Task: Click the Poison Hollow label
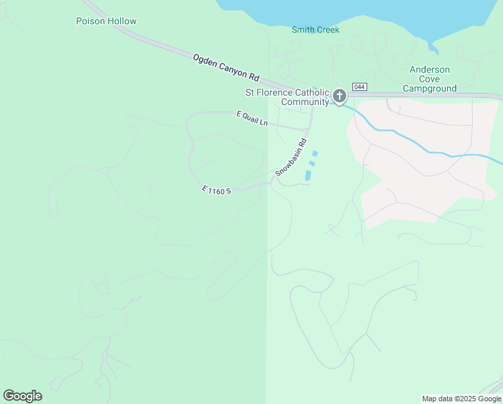tap(106, 21)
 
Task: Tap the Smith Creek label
tap(315, 30)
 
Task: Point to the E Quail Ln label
tap(252, 119)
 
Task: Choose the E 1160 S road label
tap(217, 191)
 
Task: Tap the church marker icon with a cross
tap(340, 96)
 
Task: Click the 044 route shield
tap(360, 86)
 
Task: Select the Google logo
tap(22, 396)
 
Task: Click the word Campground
tap(430, 88)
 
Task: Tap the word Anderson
tap(430, 70)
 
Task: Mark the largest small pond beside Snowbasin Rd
tap(308, 175)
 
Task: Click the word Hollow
tap(121, 21)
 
